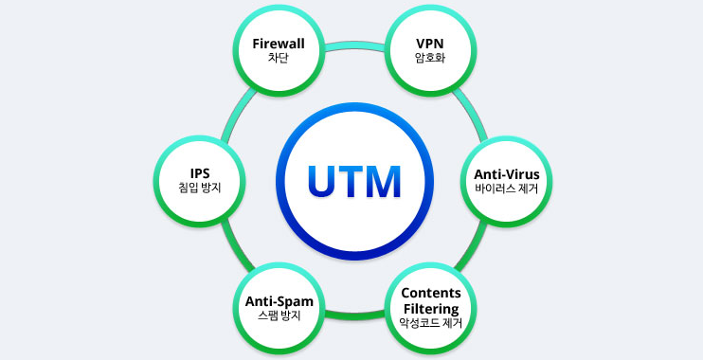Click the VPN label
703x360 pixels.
pos(430,43)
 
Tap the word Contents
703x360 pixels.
pos(431,293)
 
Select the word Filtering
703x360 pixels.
pos(431,308)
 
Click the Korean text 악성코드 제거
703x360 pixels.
pos(431,323)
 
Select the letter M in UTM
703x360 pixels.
pos(383,180)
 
